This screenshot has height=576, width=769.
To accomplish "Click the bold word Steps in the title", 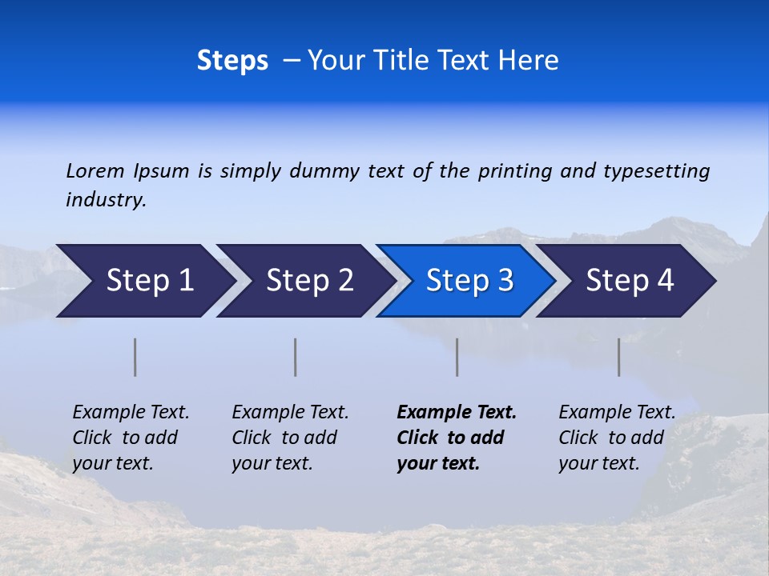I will (x=232, y=61).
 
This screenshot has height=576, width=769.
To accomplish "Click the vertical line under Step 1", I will (x=135, y=357).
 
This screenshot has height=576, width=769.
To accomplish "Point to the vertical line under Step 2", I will (x=296, y=357).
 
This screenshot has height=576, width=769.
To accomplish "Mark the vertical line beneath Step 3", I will (x=457, y=357).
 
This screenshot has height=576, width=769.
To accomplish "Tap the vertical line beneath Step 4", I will (x=618, y=357).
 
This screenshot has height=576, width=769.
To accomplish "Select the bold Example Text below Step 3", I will (x=457, y=438).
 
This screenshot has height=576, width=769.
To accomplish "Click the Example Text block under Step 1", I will (x=131, y=438).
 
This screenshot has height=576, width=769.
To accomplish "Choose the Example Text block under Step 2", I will (x=290, y=438).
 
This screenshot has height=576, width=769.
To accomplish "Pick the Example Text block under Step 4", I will (x=617, y=438).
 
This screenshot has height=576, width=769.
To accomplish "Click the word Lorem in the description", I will (x=95, y=170).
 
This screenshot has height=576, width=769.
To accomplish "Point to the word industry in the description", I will (x=106, y=200).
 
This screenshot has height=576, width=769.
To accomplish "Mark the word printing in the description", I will (x=515, y=171).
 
